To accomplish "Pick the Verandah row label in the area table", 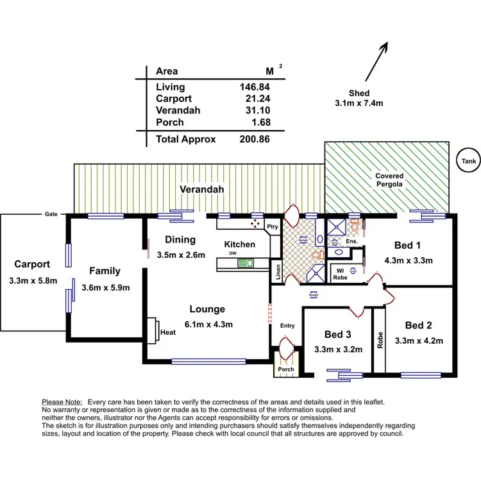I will (x=178, y=110).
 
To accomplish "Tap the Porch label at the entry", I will (x=285, y=369).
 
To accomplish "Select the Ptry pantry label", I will (x=273, y=226).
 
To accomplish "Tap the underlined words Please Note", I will (x=63, y=401).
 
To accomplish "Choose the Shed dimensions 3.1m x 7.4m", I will (x=359, y=103).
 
